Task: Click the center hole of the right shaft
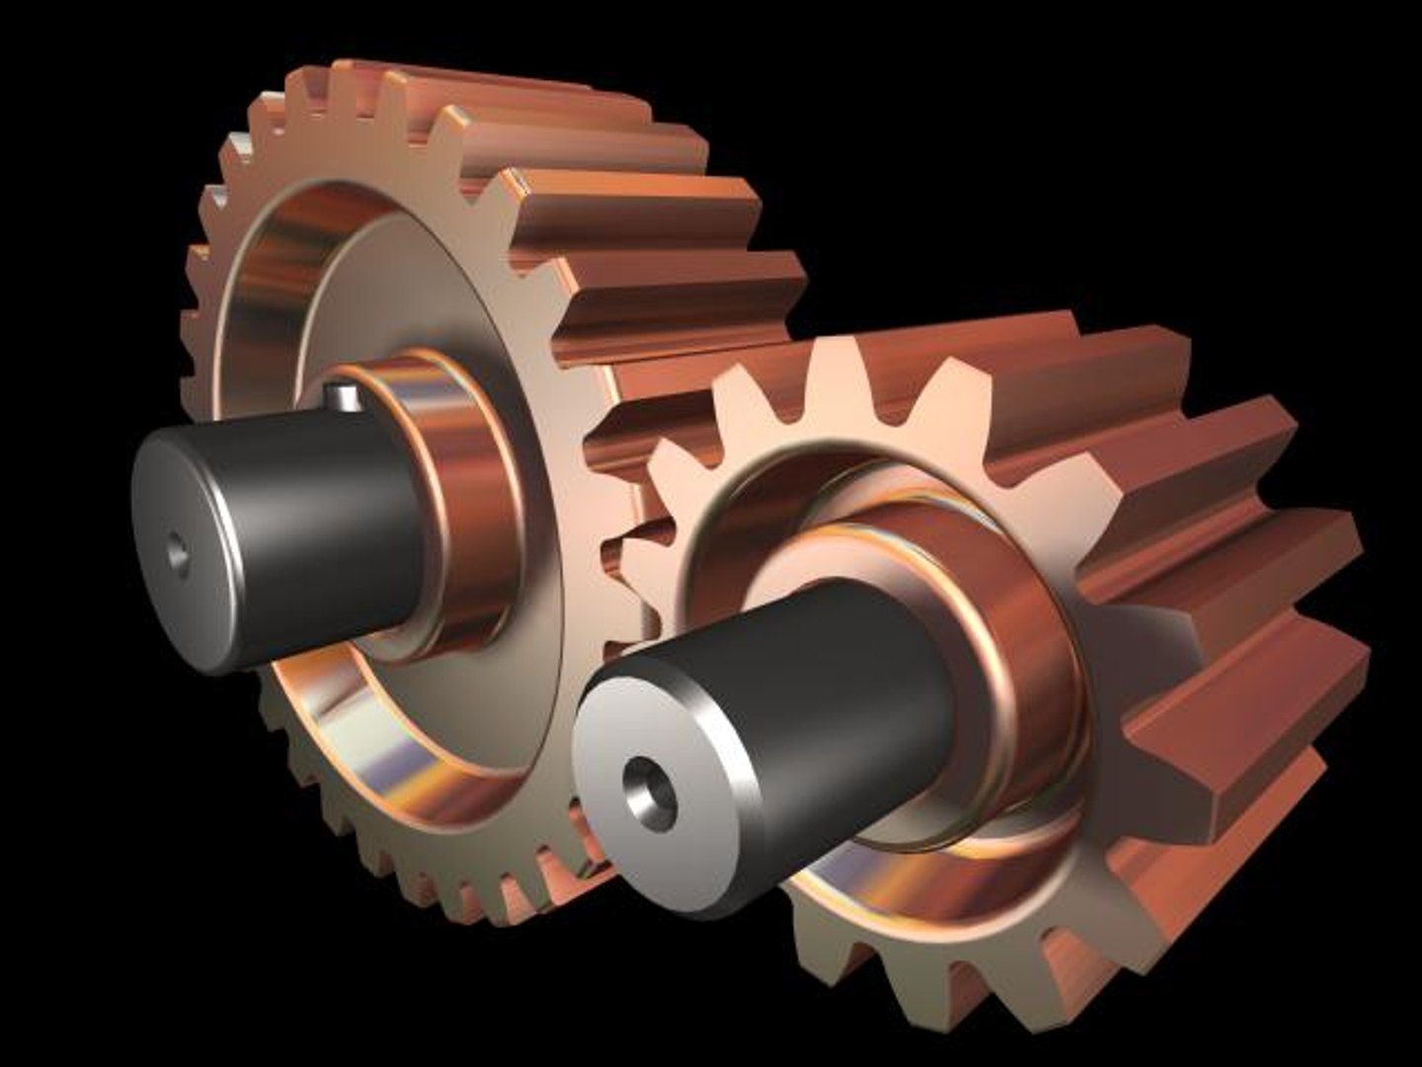650,790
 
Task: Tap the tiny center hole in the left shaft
178,552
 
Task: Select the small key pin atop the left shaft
342,395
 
